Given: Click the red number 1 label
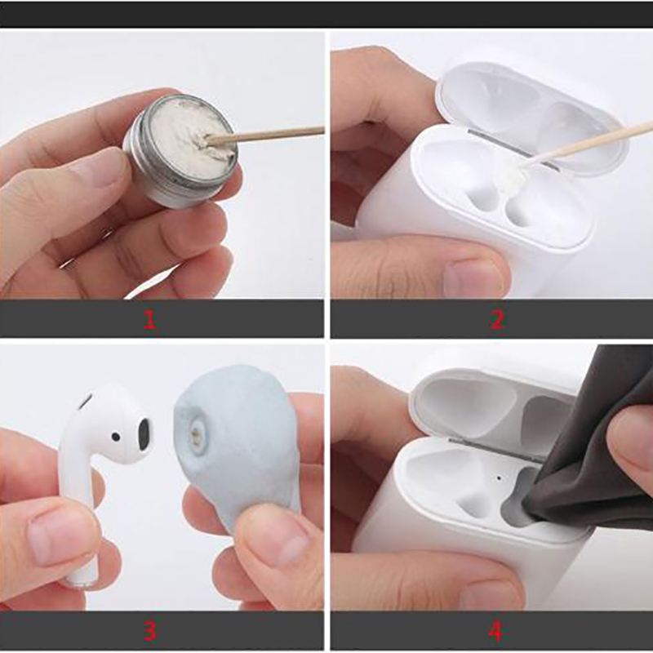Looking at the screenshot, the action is point(149,319).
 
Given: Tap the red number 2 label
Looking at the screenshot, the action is point(497,319).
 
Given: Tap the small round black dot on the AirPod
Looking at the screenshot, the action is point(115,437).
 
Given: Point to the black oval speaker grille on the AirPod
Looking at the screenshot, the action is point(144,434).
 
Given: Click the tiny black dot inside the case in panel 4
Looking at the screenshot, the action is point(499,478).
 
